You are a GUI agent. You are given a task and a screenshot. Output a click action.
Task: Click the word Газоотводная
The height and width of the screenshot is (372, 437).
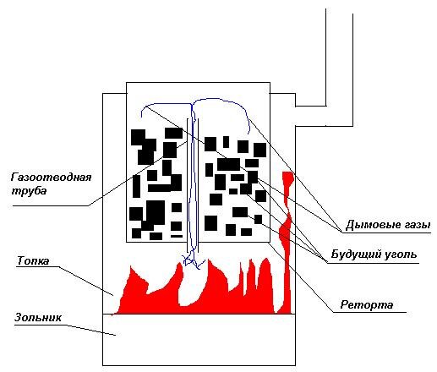click(51, 178)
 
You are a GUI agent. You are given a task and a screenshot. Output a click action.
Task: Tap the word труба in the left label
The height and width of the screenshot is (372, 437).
click(29, 191)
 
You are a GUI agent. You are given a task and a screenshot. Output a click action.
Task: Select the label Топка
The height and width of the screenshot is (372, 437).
click(33, 260)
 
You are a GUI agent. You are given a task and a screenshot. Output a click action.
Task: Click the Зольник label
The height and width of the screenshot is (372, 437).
click(38, 317)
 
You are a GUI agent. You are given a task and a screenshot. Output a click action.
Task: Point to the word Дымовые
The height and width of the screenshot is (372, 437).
click(369, 225)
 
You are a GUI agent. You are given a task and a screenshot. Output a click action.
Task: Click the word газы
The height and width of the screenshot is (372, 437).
click(413, 225)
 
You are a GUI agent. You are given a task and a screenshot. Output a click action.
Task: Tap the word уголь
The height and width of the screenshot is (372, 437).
click(399, 254)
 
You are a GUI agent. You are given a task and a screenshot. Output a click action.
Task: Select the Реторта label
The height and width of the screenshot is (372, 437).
click(367, 304)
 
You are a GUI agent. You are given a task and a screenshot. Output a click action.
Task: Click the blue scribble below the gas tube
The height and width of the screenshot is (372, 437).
click(193, 260)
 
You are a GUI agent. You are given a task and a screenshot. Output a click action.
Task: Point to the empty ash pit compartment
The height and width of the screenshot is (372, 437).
click(199, 339)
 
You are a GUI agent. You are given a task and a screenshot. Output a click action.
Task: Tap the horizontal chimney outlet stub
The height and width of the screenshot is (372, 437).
click(310, 116)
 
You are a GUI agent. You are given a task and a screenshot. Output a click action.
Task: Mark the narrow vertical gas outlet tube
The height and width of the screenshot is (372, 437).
click(193, 185)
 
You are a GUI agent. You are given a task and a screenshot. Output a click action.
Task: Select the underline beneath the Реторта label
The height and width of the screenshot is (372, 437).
click(369, 312)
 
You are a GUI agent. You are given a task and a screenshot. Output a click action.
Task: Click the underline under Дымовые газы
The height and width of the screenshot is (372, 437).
click(386, 232)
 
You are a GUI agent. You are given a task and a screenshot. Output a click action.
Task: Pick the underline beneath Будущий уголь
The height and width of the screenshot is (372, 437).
click(373, 263)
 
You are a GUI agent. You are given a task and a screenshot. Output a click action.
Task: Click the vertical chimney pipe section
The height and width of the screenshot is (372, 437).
click(340, 67)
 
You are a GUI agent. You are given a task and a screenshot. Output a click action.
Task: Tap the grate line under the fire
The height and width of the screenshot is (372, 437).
click(199, 314)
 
